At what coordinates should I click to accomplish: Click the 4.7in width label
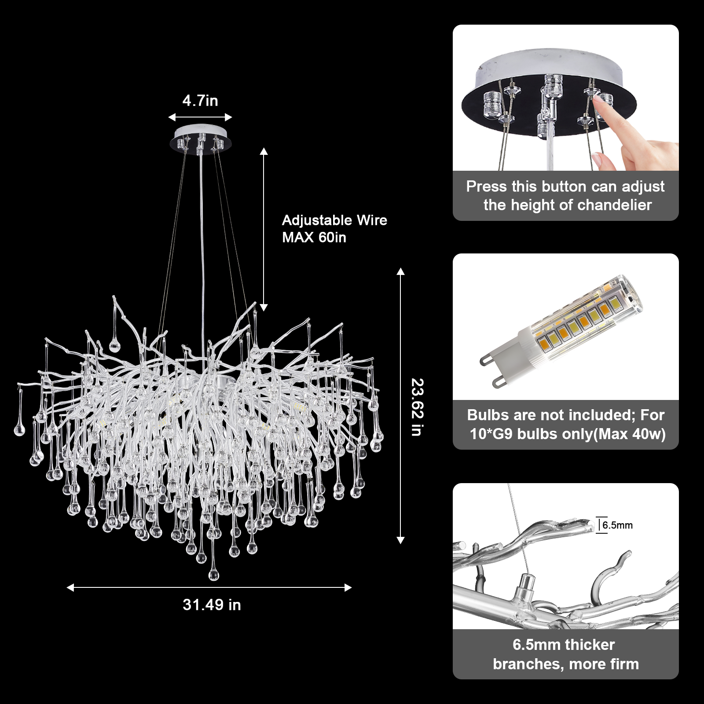pos(200,101)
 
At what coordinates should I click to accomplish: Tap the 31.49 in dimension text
pos(212,605)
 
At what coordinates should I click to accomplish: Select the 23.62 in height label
pos(416,407)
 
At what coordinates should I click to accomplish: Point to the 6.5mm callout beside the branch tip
pos(617,525)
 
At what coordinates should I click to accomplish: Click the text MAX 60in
pos(314,238)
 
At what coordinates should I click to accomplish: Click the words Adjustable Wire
pos(334,220)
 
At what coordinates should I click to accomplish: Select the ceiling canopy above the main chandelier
pos(200,139)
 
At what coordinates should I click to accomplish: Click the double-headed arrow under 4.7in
pos(200,117)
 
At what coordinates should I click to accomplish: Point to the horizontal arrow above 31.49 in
pos(209,587)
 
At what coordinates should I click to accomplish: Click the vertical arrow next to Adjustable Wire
pos(264,230)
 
